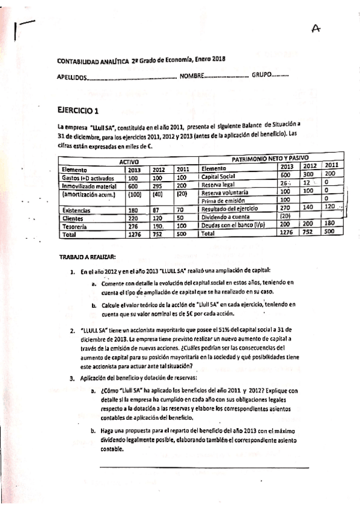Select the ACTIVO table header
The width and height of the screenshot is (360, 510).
pyautogui.click(x=127, y=162)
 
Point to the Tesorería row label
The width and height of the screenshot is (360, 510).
pyautogui.click(x=75, y=226)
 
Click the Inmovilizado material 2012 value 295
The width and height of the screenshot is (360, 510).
pyautogui.click(x=157, y=186)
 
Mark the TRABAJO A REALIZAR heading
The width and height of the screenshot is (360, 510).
pyautogui.click(x=84, y=256)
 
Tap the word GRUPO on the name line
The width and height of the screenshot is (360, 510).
pyautogui.click(x=261, y=76)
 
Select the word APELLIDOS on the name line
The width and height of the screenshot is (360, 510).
pyautogui.click(x=72, y=78)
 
